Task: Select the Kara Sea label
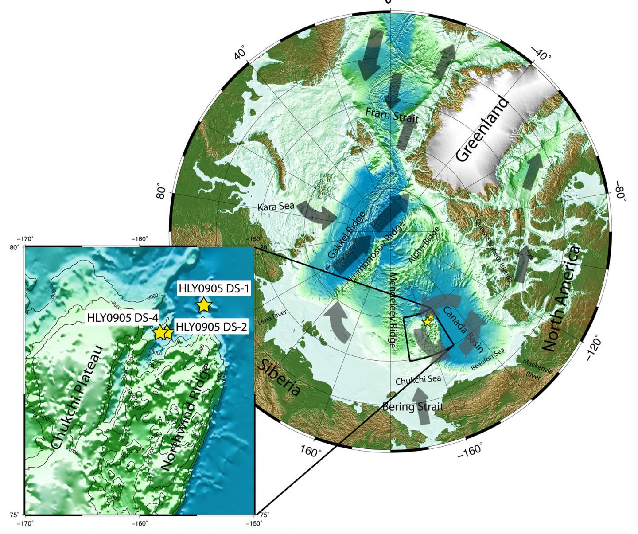tap(276, 207)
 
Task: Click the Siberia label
tap(279, 378)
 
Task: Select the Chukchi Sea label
tap(418, 380)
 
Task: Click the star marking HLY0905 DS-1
tap(203, 305)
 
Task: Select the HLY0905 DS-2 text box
tap(211, 327)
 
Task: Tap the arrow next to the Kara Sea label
tap(316, 214)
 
